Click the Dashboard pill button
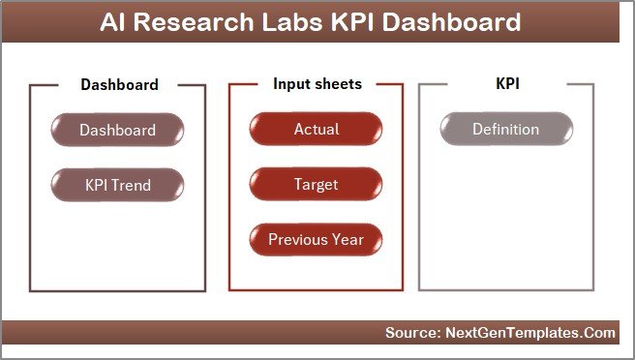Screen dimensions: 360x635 [117, 130]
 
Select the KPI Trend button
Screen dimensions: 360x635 [117, 184]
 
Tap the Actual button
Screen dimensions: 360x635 [316, 130]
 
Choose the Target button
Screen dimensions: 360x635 [316, 184]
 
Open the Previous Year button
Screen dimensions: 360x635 [316, 238]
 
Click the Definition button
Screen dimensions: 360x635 [505, 130]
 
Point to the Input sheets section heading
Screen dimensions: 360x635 [317, 84]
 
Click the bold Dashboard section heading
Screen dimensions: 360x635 [119, 84]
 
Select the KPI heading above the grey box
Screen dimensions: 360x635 [507, 84]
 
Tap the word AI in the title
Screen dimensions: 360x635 [114, 22]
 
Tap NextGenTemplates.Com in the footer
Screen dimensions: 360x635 [531, 333]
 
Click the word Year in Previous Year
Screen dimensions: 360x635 [347, 238]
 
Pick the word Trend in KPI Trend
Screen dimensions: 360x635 [133, 184]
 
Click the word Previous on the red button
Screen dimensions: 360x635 [298, 238]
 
